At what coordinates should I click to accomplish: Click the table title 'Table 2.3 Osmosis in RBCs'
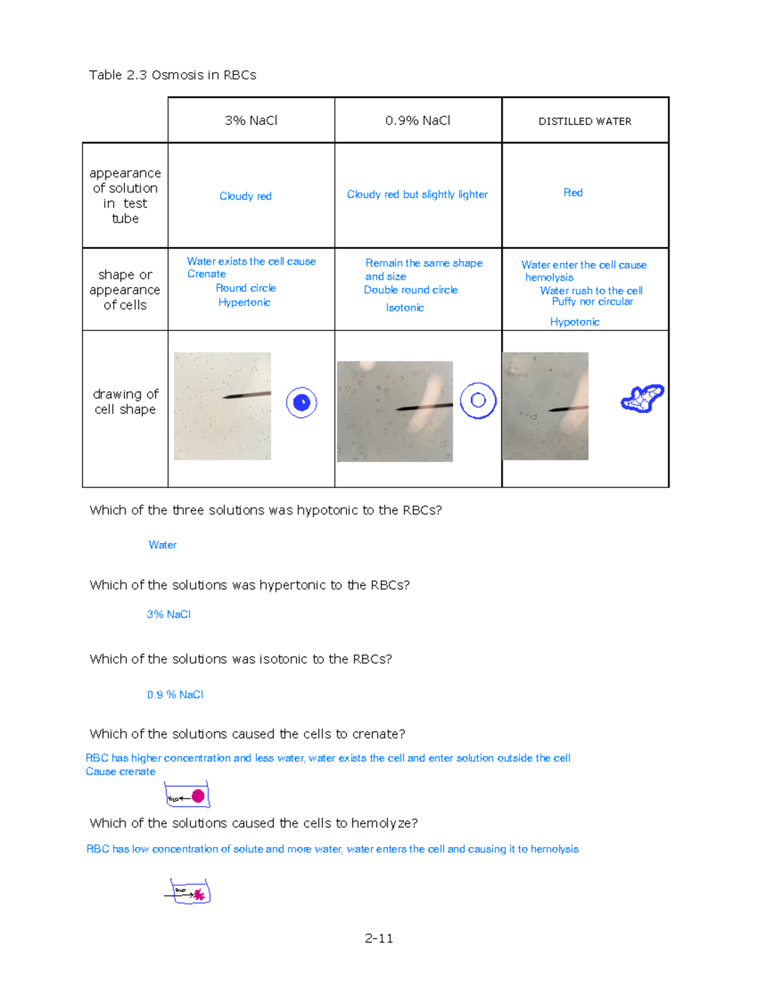click(172, 75)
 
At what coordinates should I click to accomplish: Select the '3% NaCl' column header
click(251, 121)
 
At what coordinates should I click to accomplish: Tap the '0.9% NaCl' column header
click(418, 121)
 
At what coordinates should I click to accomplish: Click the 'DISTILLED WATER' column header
click(585, 121)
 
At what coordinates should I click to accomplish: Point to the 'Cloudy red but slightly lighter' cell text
click(417, 195)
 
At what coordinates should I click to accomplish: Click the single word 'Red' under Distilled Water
click(573, 193)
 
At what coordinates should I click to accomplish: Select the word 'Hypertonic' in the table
click(244, 303)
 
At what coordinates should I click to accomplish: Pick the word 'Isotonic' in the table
click(405, 308)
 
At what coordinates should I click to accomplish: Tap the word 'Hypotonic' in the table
click(574, 322)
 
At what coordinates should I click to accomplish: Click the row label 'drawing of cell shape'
click(125, 402)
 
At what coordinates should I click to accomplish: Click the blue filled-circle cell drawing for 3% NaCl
click(301, 402)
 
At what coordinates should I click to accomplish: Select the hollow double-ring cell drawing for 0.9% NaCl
click(478, 400)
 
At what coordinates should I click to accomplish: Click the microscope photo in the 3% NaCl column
click(222, 406)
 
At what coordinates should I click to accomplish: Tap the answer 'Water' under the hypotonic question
click(162, 545)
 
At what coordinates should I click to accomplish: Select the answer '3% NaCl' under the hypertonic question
click(169, 615)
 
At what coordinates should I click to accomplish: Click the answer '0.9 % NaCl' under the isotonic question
click(175, 695)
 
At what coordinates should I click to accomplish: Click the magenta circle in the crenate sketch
click(198, 796)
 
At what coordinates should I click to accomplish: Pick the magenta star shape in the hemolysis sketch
click(199, 894)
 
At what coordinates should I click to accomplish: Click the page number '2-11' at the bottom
click(379, 939)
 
